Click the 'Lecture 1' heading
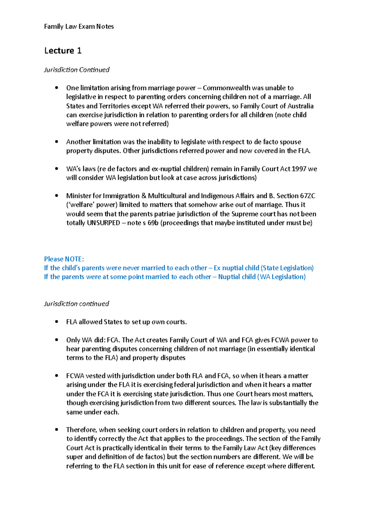63,51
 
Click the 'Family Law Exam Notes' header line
79,26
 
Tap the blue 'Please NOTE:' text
64,259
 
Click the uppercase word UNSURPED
103,223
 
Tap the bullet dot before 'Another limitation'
56,142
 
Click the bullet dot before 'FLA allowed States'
56,322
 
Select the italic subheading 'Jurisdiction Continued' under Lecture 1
77,70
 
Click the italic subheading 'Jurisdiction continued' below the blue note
76,304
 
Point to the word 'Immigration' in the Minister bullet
121,196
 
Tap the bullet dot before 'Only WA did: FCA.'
56,340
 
